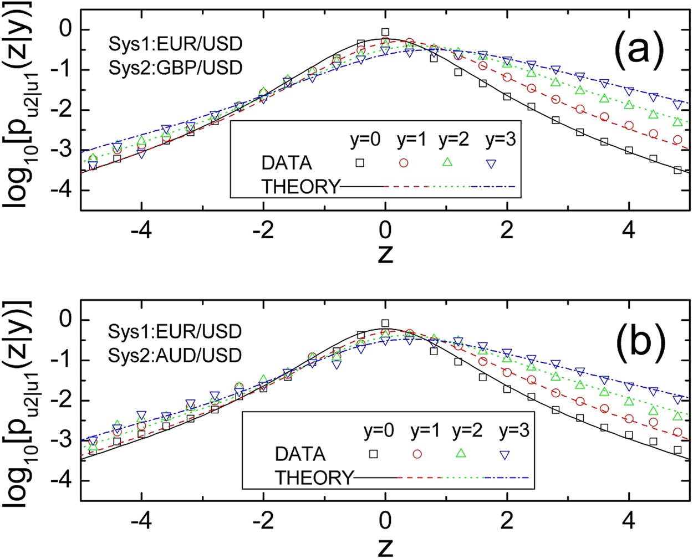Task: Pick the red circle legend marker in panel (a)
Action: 404,162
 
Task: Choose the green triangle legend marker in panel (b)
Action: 460,453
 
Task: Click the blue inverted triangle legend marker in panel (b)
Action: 505,454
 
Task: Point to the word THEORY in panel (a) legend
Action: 300,187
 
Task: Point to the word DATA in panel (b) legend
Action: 300,454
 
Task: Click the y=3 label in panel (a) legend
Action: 501,140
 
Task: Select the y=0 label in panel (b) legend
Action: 379,431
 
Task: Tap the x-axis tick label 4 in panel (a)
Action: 629,230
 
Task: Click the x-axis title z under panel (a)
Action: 385,255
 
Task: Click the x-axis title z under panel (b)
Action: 385,546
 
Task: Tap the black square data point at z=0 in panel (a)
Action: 385,32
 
